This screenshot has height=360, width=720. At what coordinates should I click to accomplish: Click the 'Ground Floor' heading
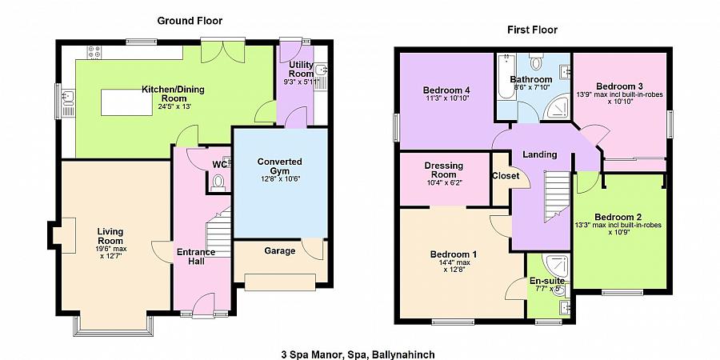click(190, 21)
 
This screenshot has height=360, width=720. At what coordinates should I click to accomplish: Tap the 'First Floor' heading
click(532, 30)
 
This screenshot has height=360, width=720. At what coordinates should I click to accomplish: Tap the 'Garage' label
click(279, 251)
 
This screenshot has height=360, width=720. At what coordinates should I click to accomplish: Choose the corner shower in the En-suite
click(557, 266)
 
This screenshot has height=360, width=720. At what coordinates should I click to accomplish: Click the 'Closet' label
click(506, 176)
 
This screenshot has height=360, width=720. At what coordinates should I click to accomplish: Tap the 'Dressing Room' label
click(444, 170)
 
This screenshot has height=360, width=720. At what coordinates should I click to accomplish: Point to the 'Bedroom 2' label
click(618, 217)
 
